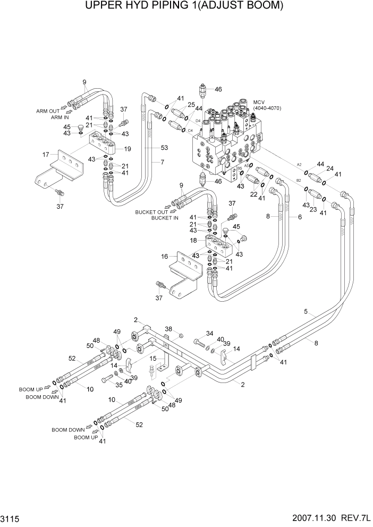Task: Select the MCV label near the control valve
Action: [x=259, y=102]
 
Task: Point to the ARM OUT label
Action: [x=48, y=111]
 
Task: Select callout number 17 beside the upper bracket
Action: [x=46, y=155]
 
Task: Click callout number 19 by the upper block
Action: [x=127, y=148]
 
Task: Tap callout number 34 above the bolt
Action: [x=209, y=334]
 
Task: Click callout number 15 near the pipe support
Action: [x=153, y=359]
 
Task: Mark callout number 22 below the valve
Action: [x=254, y=194]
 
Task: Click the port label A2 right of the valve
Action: [x=299, y=165]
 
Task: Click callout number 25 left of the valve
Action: [x=191, y=104]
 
